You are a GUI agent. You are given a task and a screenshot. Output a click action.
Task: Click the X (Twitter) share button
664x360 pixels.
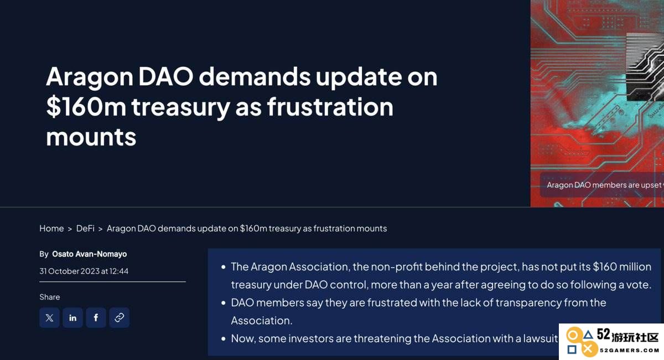click(49, 317)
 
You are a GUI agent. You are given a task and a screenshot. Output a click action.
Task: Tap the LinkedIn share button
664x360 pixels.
click(72, 317)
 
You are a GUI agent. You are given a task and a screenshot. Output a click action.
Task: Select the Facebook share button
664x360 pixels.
click(96, 317)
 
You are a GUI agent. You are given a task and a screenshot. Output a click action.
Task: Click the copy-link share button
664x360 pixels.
click(119, 317)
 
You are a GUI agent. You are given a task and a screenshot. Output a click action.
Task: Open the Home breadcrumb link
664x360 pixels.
click(51, 228)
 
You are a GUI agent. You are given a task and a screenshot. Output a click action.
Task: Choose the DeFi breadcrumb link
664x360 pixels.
click(85, 228)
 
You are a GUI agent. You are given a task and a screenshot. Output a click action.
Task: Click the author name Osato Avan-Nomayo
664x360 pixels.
click(90, 254)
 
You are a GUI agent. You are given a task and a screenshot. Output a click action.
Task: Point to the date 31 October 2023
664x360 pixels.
click(66, 271)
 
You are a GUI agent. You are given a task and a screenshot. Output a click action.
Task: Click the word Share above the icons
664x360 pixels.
click(49, 297)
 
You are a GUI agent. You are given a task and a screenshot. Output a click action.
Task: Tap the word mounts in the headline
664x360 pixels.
click(91, 137)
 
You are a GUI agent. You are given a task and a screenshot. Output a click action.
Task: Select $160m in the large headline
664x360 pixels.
click(86, 107)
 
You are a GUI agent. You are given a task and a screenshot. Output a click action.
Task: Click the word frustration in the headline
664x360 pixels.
click(330, 107)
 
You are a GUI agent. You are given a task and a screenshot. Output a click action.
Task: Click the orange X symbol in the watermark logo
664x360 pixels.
click(588, 349)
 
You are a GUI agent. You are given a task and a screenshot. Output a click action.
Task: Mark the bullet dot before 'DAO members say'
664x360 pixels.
click(224, 303)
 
